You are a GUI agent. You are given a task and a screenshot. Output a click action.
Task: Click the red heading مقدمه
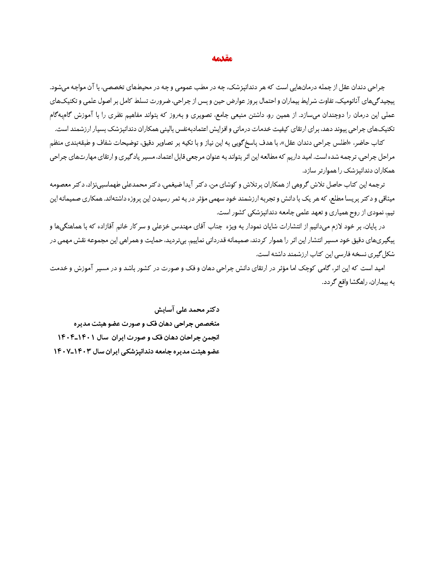click(x=222, y=59)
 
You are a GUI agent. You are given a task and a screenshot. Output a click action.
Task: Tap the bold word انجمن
click(x=209, y=338)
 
